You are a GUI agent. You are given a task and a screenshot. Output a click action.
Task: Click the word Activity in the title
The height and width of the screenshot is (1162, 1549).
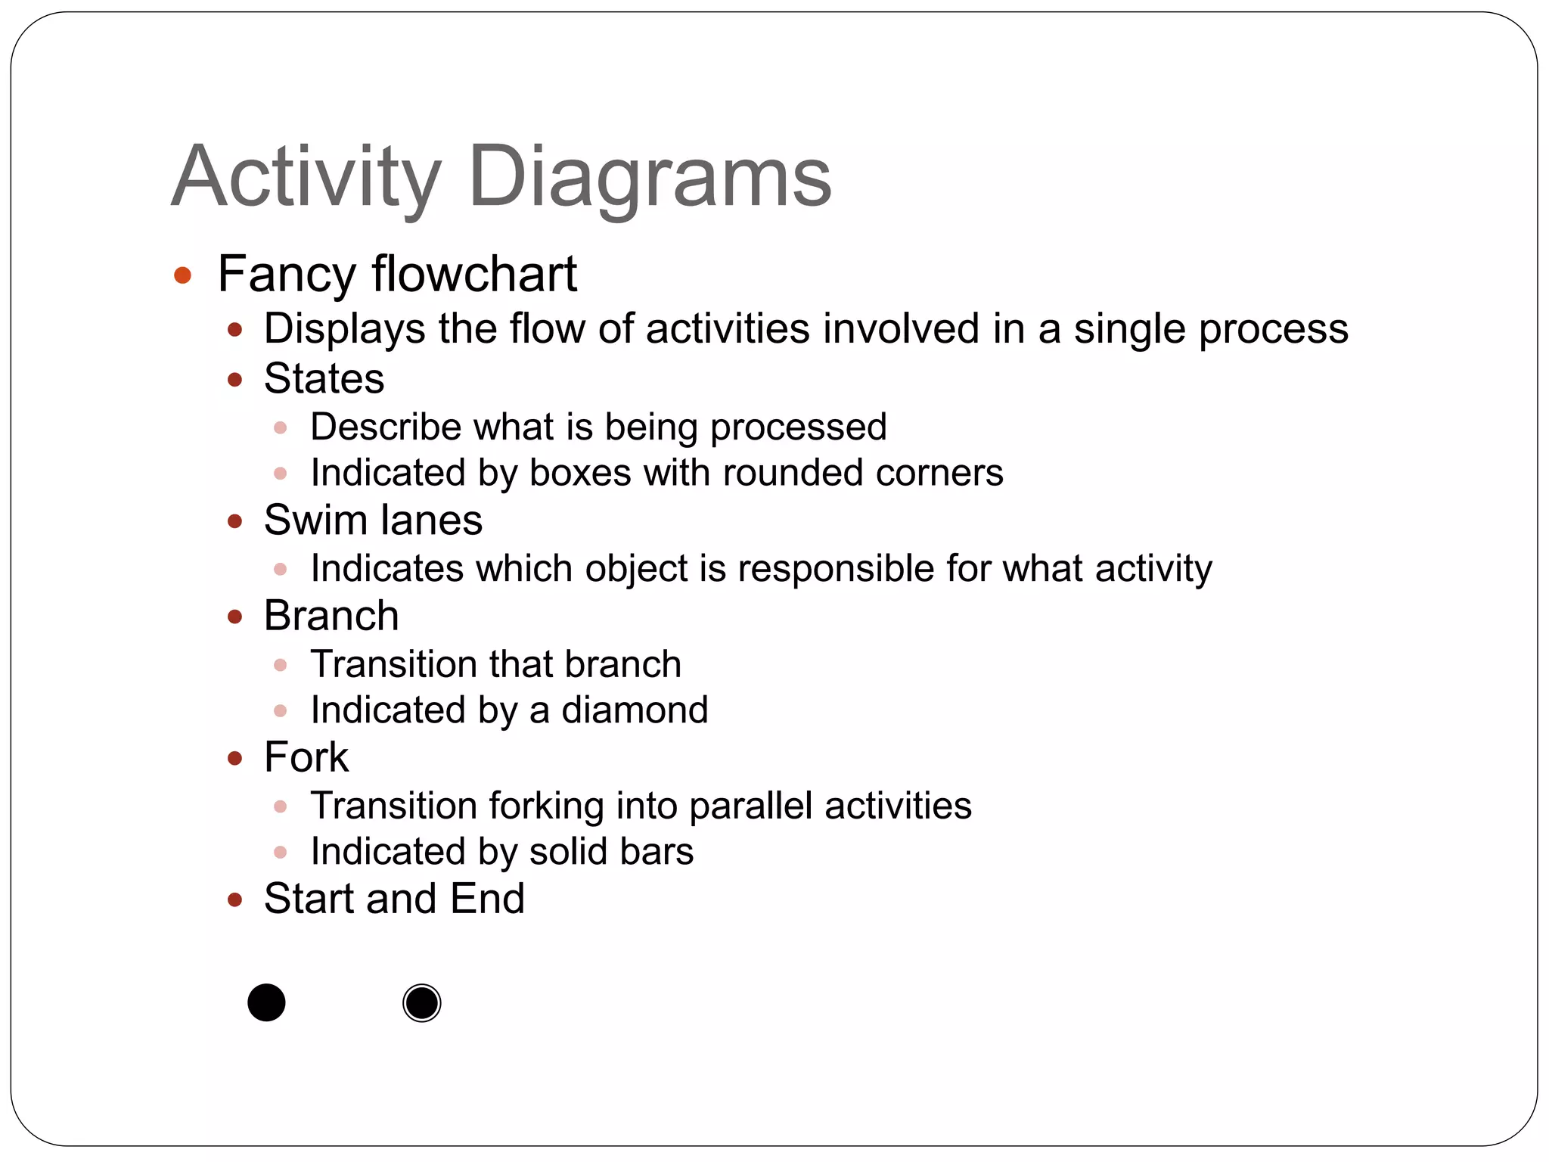[306, 178]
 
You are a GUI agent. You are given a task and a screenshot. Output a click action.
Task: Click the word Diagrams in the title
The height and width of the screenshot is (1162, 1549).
[650, 178]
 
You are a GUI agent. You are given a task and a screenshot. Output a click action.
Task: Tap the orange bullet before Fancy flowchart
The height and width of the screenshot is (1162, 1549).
[182, 275]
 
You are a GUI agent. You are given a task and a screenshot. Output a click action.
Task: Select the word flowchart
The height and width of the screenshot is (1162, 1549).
[474, 274]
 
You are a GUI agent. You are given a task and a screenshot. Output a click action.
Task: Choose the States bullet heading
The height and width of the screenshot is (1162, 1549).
[324, 378]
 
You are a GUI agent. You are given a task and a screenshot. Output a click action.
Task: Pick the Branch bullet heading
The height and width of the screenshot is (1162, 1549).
[331, 616]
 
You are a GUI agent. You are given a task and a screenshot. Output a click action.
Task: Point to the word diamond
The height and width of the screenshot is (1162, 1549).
[635, 710]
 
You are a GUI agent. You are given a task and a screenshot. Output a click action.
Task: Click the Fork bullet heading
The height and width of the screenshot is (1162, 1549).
[306, 757]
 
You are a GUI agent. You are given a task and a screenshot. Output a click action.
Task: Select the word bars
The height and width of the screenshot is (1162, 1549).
[657, 852]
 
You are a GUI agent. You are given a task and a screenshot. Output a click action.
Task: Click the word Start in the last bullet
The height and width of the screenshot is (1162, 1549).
[309, 899]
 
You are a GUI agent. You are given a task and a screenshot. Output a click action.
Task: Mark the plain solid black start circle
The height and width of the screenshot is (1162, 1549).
[266, 1002]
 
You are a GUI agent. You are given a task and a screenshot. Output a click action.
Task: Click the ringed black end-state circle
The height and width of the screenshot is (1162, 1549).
[421, 1003]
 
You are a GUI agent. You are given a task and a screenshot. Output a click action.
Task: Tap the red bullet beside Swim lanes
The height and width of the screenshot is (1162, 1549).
[234, 521]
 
